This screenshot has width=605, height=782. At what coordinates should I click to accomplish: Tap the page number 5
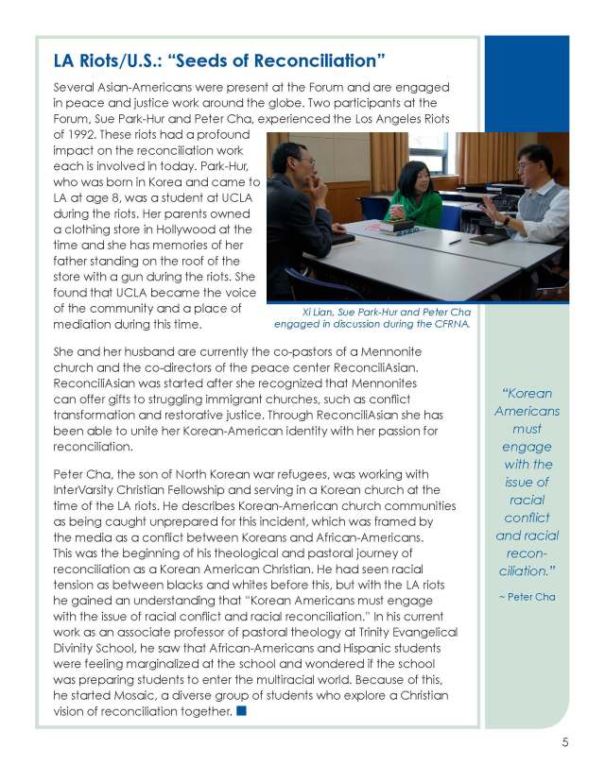coord(564,742)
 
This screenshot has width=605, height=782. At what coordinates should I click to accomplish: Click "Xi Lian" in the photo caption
coord(313,313)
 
